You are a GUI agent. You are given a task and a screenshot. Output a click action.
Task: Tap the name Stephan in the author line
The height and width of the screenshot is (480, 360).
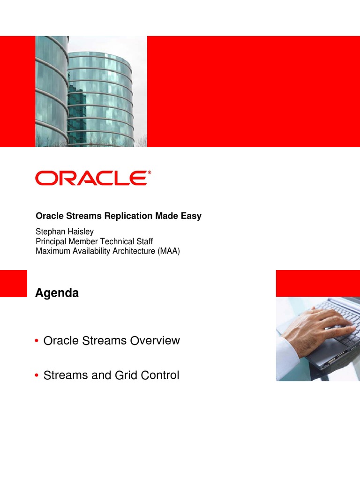point(49,232)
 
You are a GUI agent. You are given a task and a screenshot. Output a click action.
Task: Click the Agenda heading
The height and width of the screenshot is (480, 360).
point(57,293)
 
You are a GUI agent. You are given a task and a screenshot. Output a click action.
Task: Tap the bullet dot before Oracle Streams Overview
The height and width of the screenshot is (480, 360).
point(37,341)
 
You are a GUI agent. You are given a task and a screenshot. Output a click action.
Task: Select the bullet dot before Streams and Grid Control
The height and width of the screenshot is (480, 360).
point(37,376)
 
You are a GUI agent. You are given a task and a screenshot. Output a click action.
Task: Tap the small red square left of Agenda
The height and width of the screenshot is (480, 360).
point(13,283)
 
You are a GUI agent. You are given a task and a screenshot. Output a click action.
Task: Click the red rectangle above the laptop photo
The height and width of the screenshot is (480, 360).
point(317,283)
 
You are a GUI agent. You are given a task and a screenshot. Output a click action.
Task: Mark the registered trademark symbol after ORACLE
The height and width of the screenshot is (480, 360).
point(150,172)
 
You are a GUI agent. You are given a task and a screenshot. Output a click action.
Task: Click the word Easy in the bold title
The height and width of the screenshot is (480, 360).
point(192,216)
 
